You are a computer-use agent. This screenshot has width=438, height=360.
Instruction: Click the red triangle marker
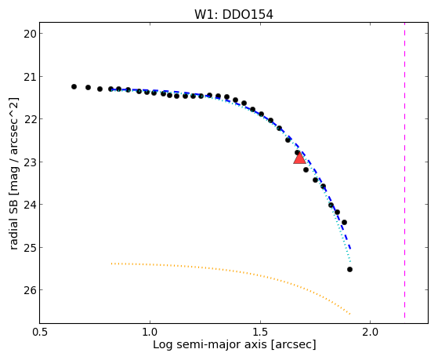[299, 158]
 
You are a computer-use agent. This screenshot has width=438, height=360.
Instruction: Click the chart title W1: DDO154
[233, 15]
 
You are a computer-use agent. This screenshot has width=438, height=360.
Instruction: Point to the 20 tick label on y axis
[29, 34]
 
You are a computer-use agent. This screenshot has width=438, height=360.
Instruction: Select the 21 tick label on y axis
[29, 77]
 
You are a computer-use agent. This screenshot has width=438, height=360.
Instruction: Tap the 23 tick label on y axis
[29, 162]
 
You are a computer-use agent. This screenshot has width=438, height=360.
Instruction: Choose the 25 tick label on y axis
[29, 248]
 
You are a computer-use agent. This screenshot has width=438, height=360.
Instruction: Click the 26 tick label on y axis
[29, 290]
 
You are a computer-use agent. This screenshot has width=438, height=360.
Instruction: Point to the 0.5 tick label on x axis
[41, 333]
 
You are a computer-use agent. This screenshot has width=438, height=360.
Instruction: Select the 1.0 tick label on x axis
[150, 333]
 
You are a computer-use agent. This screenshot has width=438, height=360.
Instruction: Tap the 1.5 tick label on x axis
[260, 333]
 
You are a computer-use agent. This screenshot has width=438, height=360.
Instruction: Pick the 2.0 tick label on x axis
[371, 333]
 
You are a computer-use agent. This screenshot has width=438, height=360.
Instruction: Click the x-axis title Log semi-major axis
[210, 345]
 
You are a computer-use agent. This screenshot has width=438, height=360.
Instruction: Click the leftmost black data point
[74, 87]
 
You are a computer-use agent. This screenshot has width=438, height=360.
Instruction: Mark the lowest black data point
[349, 269]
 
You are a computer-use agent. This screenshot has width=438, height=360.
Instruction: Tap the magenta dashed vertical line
[404, 170]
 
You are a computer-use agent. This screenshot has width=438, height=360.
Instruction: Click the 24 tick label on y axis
[29, 205]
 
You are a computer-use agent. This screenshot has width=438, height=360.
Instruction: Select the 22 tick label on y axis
[29, 119]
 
